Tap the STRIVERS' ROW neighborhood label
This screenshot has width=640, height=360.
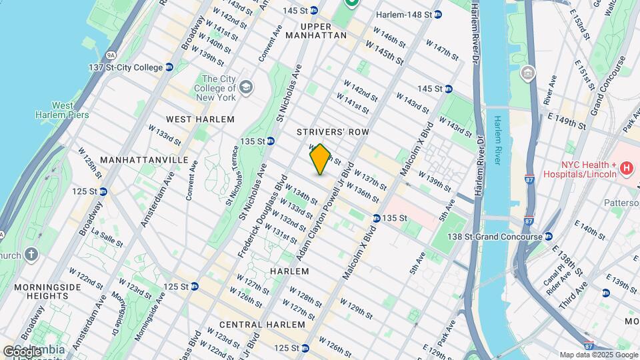333,132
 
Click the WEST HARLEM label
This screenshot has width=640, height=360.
200,119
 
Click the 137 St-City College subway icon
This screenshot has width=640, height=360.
169,67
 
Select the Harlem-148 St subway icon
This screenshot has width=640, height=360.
437,14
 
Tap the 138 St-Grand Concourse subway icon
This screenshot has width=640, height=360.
548,237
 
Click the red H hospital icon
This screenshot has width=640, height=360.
626,169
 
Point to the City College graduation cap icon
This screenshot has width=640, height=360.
246,87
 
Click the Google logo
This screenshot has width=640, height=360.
22,351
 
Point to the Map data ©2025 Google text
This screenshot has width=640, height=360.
598,355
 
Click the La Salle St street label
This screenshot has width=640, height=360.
107,239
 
